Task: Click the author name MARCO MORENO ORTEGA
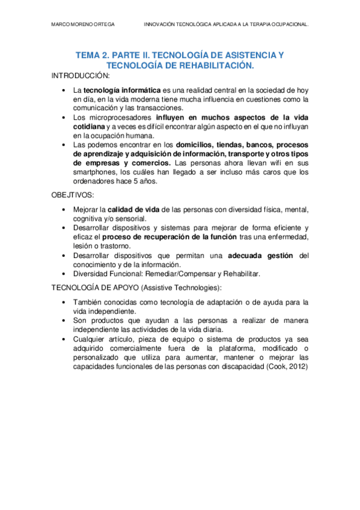coord(84,25)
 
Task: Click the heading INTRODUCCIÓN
coord(81,76)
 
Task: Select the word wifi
coord(275,163)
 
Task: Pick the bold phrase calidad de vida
coord(133,209)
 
